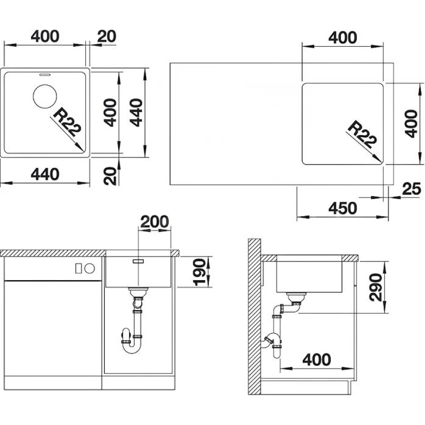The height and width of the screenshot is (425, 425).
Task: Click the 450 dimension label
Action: (x=343, y=208)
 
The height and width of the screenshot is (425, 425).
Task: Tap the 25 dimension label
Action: (x=411, y=189)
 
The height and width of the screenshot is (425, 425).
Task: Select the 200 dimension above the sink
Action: (x=155, y=221)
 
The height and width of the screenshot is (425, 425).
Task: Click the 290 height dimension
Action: (x=376, y=287)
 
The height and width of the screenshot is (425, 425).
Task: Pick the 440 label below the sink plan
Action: (x=45, y=175)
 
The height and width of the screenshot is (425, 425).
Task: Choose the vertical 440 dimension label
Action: (x=136, y=113)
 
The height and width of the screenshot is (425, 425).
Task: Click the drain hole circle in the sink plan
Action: (x=45, y=96)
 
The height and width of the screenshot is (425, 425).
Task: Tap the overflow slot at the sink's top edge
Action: (x=45, y=74)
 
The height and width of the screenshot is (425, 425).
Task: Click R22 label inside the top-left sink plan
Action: (x=67, y=122)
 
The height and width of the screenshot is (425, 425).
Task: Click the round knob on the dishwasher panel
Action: (x=90, y=269)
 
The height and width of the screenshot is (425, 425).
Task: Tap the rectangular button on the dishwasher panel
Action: (x=78, y=269)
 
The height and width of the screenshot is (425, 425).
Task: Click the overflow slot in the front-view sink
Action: (x=138, y=261)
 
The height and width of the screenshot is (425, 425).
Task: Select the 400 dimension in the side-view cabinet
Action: (x=317, y=360)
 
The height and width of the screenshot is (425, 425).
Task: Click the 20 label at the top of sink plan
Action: (x=107, y=36)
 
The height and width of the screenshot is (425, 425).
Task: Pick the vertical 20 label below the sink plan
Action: (x=110, y=176)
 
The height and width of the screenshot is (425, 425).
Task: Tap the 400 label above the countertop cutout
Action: (x=343, y=38)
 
